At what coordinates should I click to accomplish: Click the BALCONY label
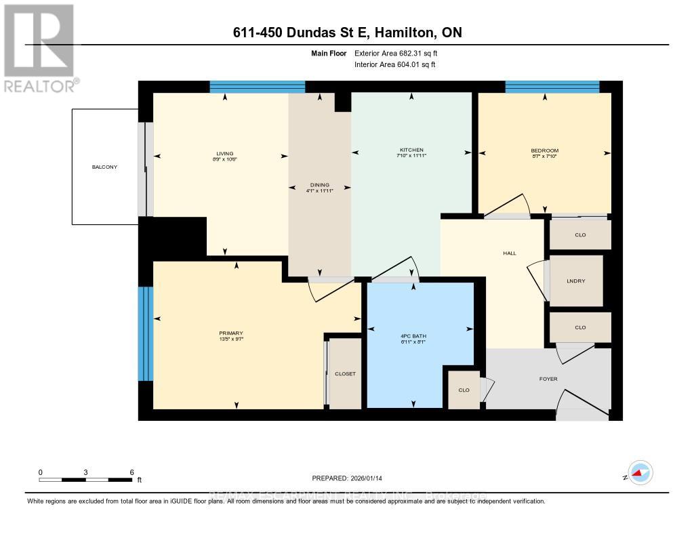(x=106, y=167)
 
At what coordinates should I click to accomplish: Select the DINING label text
(x=319, y=185)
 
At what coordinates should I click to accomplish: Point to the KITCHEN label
(x=411, y=150)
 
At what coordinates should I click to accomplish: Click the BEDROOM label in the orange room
(x=545, y=150)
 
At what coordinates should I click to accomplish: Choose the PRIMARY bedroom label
(x=230, y=333)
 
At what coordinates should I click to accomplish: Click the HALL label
(x=510, y=253)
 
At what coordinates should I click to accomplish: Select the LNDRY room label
(x=576, y=281)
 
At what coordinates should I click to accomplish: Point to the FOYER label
(x=548, y=379)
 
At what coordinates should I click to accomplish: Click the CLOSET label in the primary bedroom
(x=345, y=373)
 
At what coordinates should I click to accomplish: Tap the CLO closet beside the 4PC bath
(x=464, y=390)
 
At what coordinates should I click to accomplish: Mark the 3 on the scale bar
(x=86, y=472)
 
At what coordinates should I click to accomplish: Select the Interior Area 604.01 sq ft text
(x=395, y=65)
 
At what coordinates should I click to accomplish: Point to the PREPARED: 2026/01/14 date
(x=347, y=478)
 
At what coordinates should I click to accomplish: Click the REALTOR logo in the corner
(x=39, y=47)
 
